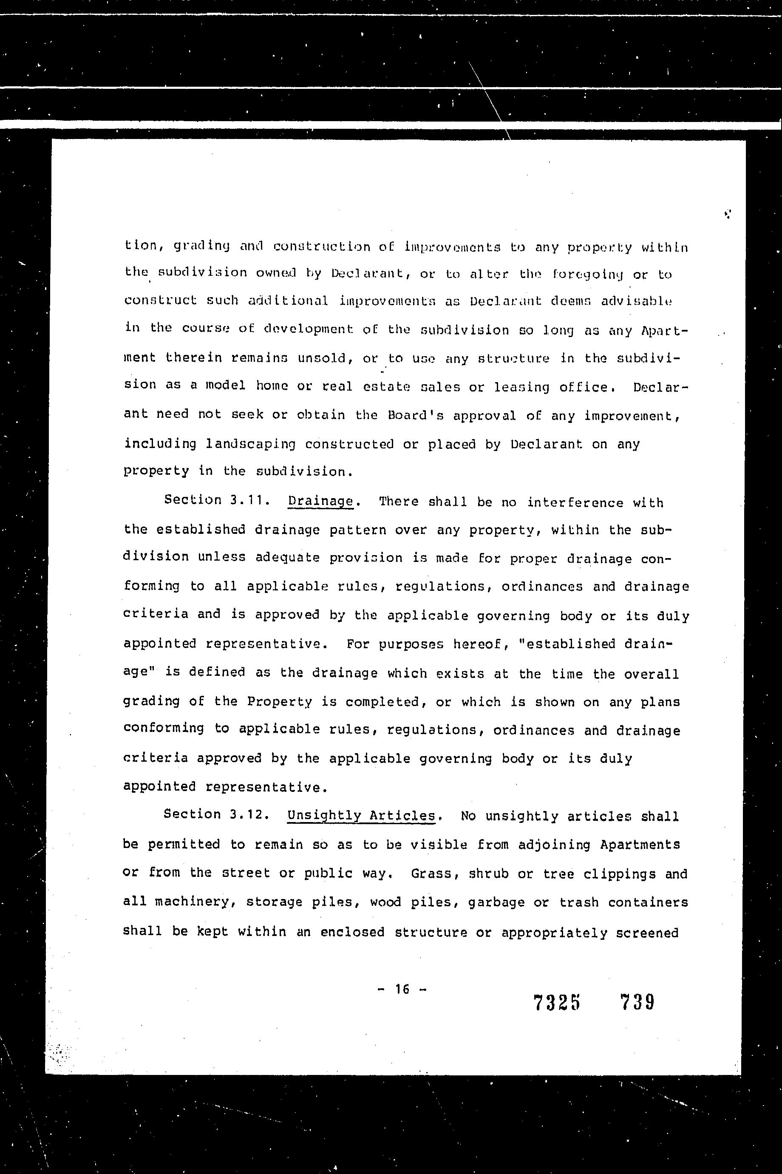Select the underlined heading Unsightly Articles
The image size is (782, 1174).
pos(362,816)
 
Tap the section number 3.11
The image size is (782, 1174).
pos(246,500)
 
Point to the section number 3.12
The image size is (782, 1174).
pos(246,814)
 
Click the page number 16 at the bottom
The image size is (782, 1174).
pos(402,989)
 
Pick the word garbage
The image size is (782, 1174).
pos(496,903)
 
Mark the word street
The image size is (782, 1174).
pos(246,873)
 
